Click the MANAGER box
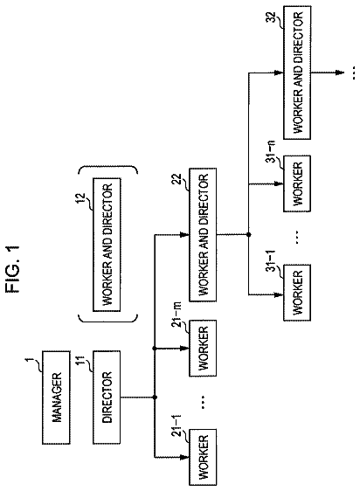pyautogui.click(x=56, y=398)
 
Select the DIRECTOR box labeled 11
pyautogui.click(x=107, y=397)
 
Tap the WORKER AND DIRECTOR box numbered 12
pyautogui.click(x=107, y=245)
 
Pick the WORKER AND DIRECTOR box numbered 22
pyautogui.click(x=203, y=234)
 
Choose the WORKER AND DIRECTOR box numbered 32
pyautogui.click(x=297, y=73)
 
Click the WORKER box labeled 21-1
pyautogui.click(x=203, y=457)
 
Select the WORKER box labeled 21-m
pyautogui.click(x=203, y=348)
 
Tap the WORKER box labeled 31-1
pyautogui.click(x=297, y=293)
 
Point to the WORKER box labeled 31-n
pyautogui.click(x=297, y=183)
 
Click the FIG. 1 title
pyautogui.click(x=13, y=269)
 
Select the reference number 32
pyautogui.click(x=273, y=17)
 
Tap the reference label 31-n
pyautogui.click(x=273, y=151)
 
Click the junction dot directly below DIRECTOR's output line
pyautogui.click(x=155, y=397)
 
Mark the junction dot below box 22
pyautogui.click(x=249, y=234)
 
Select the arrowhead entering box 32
pyautogui.click(x=279, y=73)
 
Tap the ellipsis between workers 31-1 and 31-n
pyautogui.click(x=297, y=237)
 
